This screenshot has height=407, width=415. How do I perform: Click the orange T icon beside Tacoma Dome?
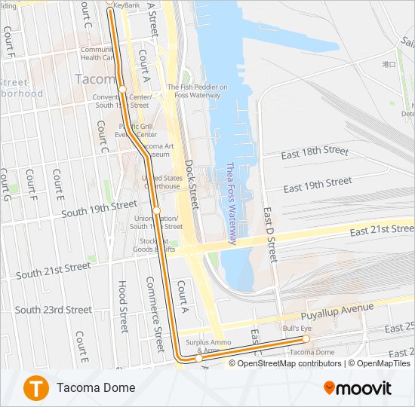click(35, 387)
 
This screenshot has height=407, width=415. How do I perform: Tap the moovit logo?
click(358, 388)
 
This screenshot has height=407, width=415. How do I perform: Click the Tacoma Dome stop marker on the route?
click(306, 339)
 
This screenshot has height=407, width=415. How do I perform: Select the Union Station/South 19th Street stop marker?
click(156, 210)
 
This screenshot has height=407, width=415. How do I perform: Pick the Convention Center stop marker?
click(122, 90)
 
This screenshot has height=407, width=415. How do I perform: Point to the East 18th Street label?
click(315, 152)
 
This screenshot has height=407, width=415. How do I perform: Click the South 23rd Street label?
click(54, 310)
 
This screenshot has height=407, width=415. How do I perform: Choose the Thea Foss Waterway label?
click(232, 204)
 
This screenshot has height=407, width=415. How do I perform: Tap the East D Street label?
click(271, 236)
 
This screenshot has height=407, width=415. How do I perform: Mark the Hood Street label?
click(122, 307)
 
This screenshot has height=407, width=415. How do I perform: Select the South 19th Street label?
click(100, 209)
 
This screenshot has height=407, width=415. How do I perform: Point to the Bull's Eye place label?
click(297, 329)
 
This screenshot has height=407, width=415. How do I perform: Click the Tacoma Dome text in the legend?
click(96, 387)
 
